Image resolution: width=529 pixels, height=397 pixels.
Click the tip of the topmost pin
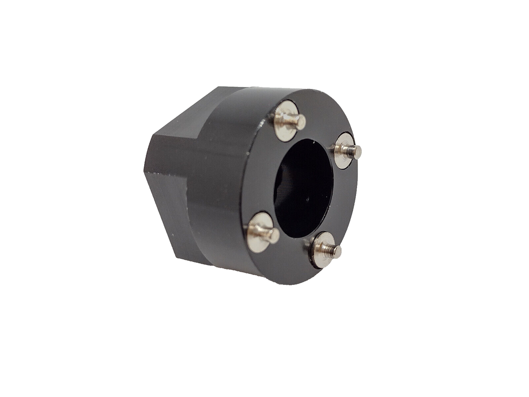point(301,122)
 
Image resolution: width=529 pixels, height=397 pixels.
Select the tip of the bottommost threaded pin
point(337,252)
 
